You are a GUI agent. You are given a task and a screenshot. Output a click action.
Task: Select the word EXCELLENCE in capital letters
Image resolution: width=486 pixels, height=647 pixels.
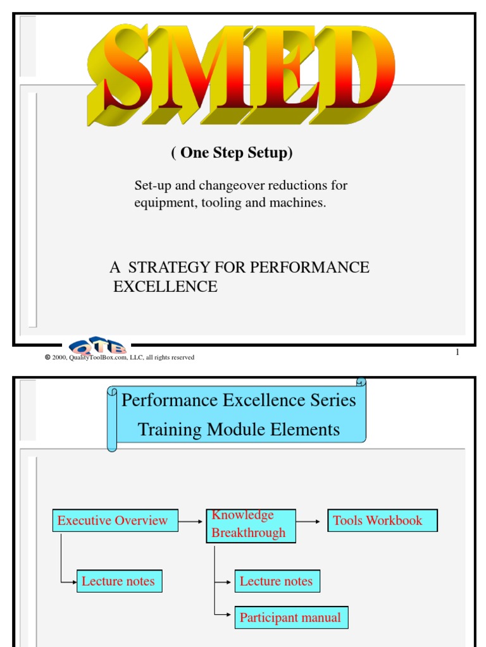pos(165,286)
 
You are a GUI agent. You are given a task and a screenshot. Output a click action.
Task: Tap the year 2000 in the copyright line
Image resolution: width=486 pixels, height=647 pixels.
pos(59,358)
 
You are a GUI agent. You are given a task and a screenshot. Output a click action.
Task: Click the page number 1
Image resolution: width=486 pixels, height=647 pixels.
pos(457,353)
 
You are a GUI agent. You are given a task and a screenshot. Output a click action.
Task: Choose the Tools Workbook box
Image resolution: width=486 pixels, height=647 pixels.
pos(382,521)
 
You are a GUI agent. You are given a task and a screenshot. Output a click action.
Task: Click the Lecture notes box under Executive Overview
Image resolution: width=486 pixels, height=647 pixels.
pos(119,581)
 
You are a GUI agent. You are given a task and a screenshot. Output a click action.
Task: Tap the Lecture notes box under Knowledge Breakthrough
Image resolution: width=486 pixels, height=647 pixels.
pos(277,581)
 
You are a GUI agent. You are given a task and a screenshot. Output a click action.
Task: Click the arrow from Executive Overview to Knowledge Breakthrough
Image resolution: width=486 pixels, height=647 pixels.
pos(192,521)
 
